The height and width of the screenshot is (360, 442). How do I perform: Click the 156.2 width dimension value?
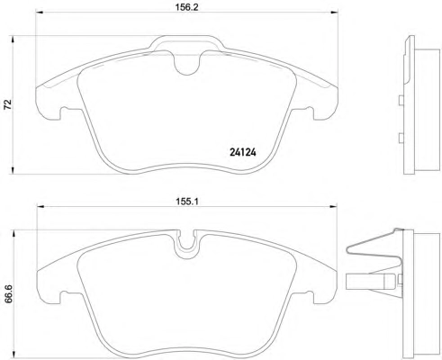tap(187, 6)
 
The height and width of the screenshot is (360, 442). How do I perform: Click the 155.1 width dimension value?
tap(187, 202)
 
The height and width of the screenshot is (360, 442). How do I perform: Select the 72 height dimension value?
tap(7, 103)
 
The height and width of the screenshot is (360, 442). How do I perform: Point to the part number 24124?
tap(243, 153)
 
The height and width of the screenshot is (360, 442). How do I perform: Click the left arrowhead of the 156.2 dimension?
tap(40, 12)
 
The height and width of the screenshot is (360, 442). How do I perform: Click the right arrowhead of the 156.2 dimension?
tap(334, 12)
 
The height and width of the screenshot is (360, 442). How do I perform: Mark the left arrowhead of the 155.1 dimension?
tap(41, 206)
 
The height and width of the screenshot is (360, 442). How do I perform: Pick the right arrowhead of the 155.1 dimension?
tap(333, 206)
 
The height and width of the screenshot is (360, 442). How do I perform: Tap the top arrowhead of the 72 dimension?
tap(13, 40)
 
